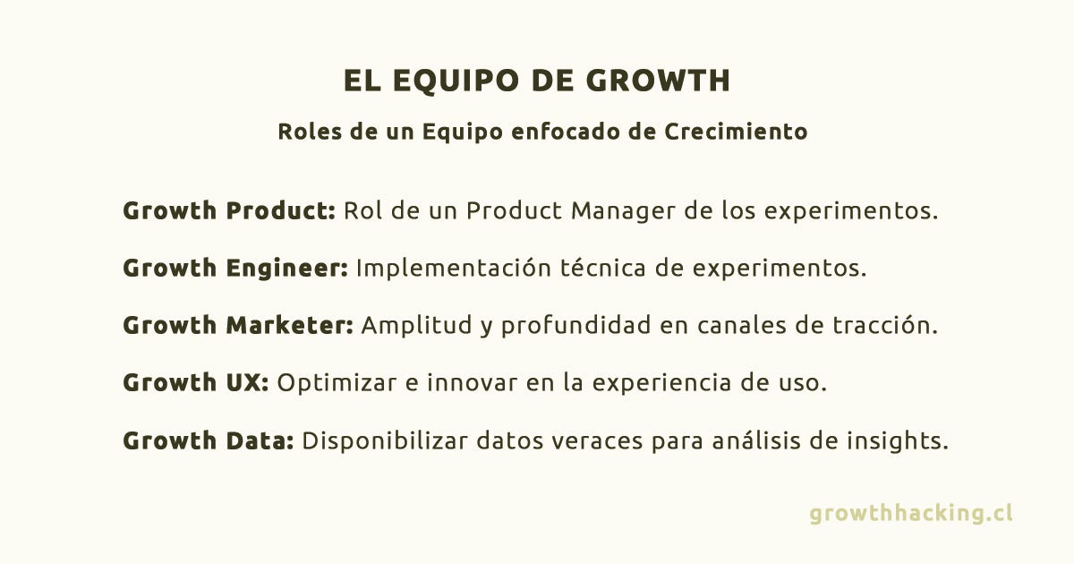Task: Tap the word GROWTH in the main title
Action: click(659, 80)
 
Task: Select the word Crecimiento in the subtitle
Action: click(736, 132)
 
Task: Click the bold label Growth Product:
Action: click(229, 210)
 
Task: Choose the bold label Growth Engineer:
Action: click(235, 268)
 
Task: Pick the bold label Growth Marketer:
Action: click(238, 325)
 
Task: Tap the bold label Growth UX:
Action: click(196, 383)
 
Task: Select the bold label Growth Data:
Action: click(209, 440)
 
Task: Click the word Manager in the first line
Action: click(623, 210)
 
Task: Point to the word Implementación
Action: click(454, 268)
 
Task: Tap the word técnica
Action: click(602, 267)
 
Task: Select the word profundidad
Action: click(575, 325)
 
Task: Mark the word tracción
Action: click(884, 324)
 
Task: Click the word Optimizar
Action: click(337, 383)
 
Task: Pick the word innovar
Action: click(473, 383)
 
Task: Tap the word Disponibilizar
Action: click(385, 440)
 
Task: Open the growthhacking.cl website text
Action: click(911, 513)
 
